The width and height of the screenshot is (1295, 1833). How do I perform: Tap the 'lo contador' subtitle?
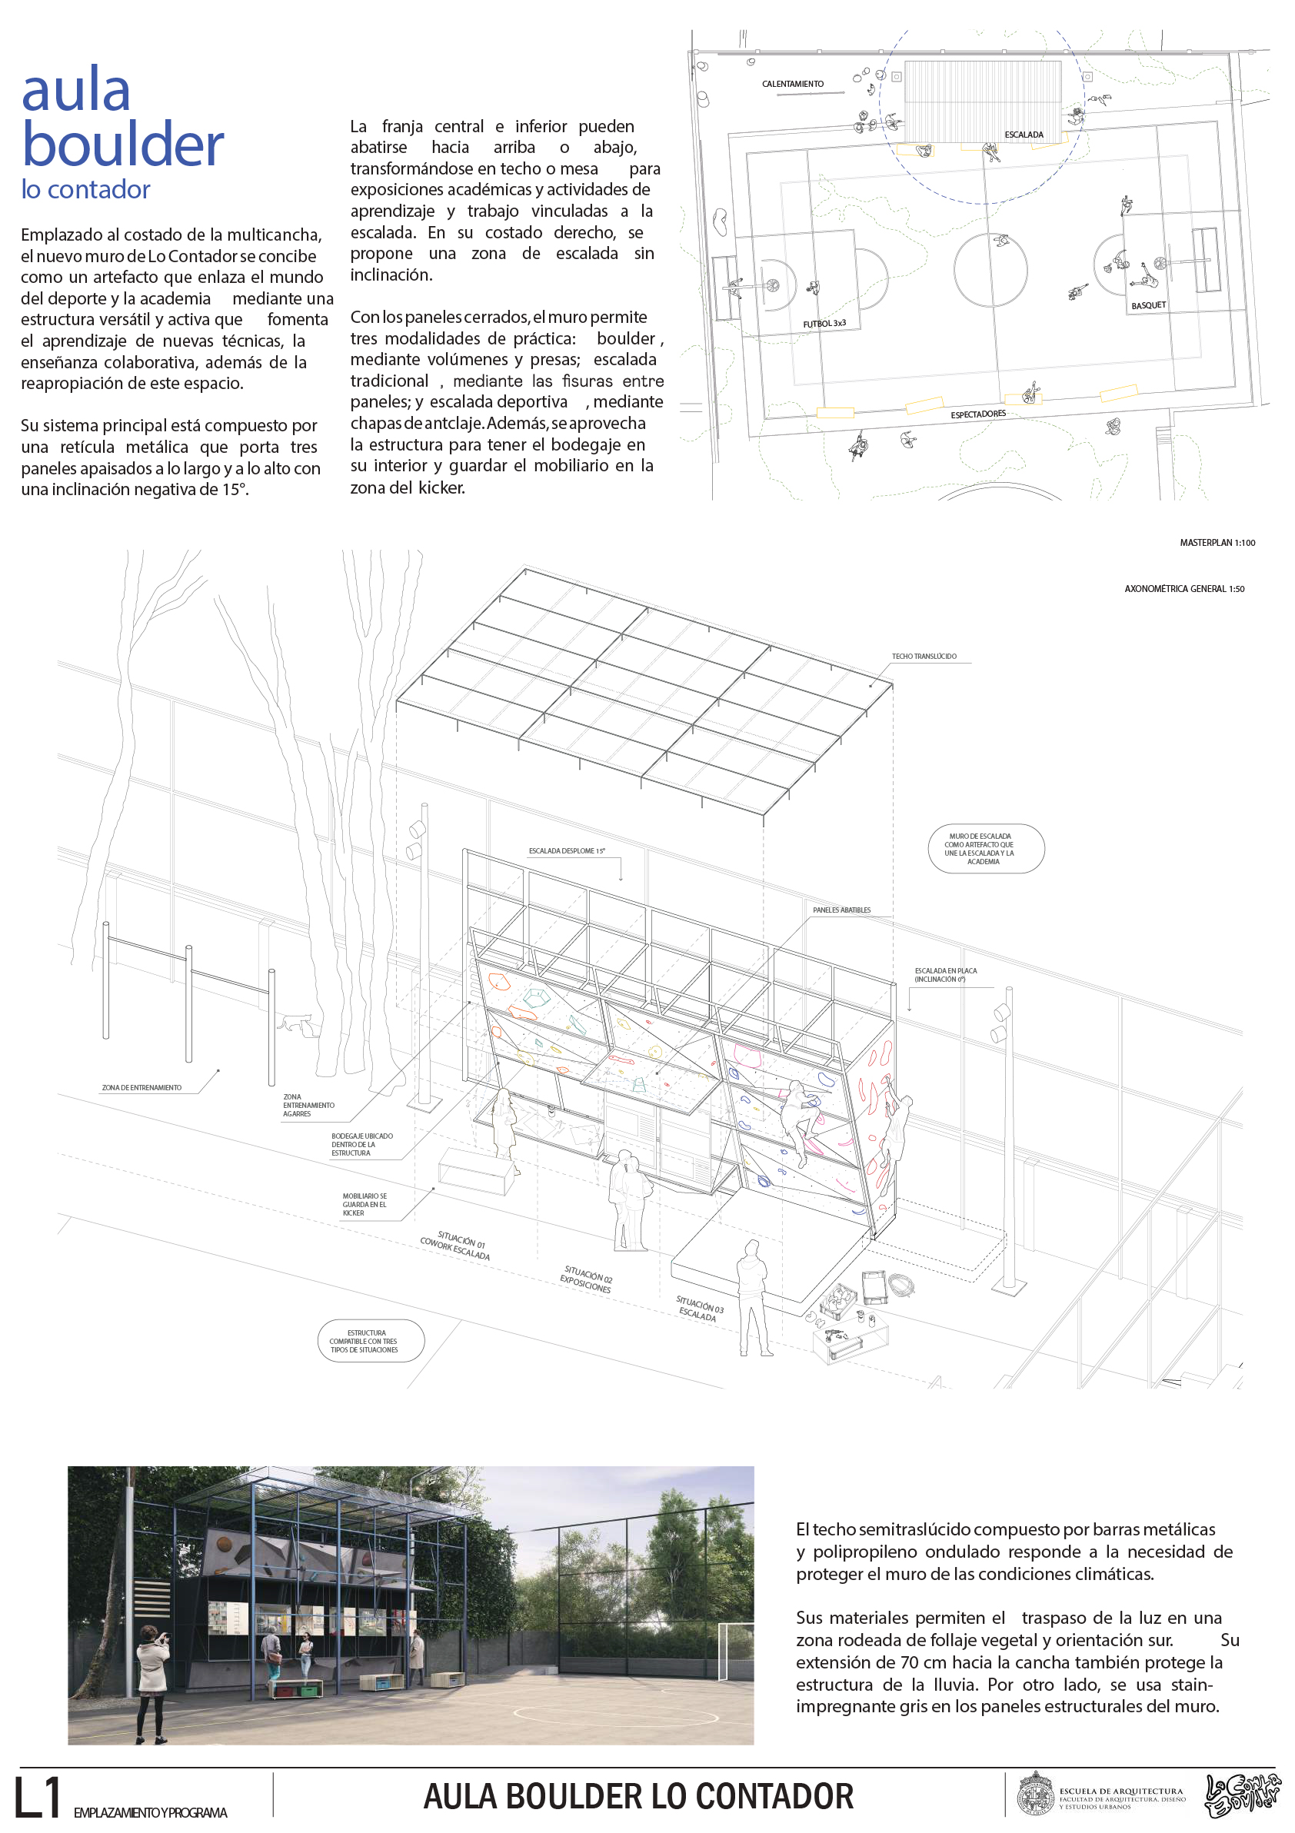pos(85,189)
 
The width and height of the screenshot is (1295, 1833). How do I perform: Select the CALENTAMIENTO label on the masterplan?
pos(792,84)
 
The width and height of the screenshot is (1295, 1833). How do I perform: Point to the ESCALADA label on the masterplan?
pos(1024,135)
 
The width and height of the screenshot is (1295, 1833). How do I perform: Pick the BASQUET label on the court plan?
pos(1148,306)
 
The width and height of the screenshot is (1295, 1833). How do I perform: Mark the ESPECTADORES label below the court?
pos(978,414)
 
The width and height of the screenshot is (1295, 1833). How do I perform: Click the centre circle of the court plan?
pos(990,271)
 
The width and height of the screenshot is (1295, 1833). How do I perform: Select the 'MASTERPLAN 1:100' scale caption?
pos(1217,543)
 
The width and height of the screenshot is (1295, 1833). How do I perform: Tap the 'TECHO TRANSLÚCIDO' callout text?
pos(924,657)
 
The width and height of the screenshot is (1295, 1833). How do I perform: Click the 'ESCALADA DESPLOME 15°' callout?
pos(566,851)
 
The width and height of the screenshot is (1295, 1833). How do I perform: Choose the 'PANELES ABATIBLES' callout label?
pos(841,910)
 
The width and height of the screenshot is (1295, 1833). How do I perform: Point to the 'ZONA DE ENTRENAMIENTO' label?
pos(141,1087)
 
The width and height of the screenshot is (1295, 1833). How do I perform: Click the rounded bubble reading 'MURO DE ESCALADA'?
pos(985,849)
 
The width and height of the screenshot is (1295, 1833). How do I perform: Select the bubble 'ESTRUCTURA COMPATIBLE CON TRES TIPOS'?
pos(371,1341)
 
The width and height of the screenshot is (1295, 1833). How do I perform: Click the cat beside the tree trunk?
pos(295,1022)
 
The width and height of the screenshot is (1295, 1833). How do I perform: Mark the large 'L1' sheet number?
pos(38,1798)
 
